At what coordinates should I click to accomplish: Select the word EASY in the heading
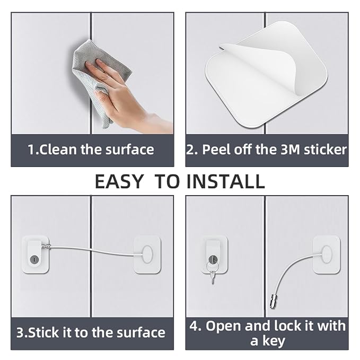tap(119, 181)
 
